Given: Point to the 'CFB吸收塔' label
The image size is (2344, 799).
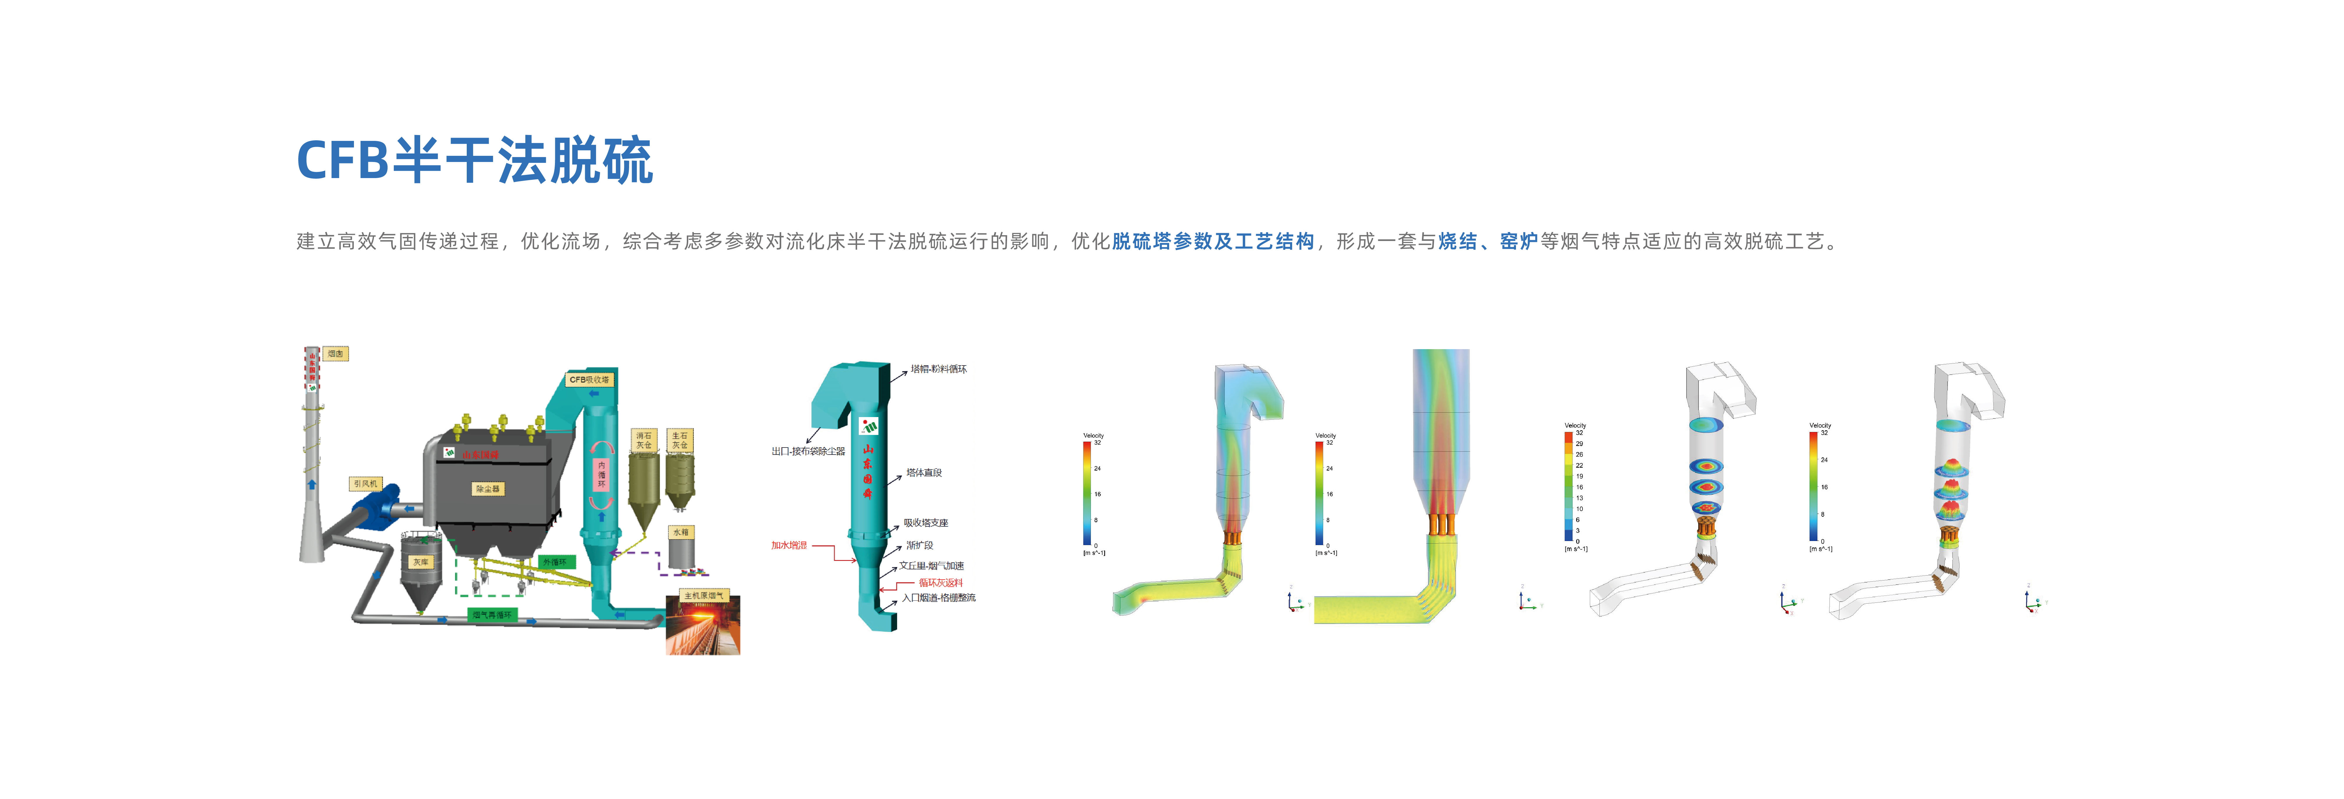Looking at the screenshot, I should [x=590, y=380].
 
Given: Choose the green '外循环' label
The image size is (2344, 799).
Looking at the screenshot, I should [x=555, y=562].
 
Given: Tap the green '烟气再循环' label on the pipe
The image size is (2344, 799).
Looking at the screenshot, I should [x=492, y=615].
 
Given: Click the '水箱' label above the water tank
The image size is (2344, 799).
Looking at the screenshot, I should [x=681, y=532].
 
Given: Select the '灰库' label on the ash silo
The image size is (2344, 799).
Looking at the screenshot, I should [x=420, y=562].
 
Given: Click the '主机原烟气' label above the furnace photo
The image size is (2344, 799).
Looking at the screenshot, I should [x=703, y=595].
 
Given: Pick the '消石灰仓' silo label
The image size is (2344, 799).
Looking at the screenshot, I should [x=643, y=441].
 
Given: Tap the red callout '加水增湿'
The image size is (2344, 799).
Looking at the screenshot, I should [x=789, y=545].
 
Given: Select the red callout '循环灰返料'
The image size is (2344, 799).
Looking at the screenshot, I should [x=940, y=583].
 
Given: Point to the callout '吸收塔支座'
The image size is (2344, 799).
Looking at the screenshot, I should [x=925, y=523].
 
